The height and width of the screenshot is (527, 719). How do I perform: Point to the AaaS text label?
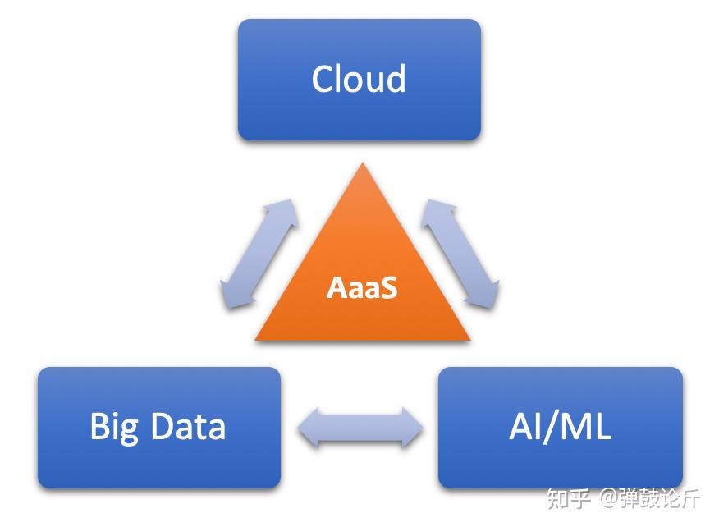(x=362, y=287)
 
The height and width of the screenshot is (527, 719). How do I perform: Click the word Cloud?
(x=359, y=79)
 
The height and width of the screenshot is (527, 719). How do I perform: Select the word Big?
(x=113, y=428)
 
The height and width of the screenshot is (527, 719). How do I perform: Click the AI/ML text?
(x=560, y=428)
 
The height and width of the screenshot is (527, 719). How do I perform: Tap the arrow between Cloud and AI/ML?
(x=460, y=253)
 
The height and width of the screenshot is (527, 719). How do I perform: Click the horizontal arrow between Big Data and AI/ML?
(x=360, y=428)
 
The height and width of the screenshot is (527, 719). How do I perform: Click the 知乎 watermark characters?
(x=568, y=498)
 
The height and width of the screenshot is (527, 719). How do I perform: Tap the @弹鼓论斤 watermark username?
(x=649, y=498)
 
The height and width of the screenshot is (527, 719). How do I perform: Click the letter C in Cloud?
(x=323, y=79)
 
